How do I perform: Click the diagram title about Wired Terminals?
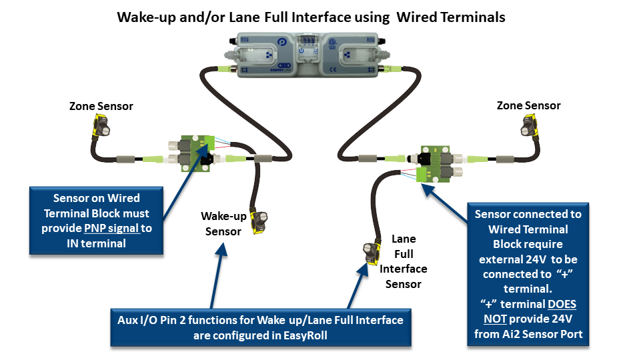pyautogui.click(x=311, y=17)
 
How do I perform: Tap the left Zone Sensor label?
pyautogui.click(x=101, y=106)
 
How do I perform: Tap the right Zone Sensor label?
pyautogui.click(x=529, y=105)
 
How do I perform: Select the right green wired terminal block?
pyautogui.click(x=434, y=162)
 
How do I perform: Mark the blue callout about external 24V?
pyautogui.click(x=528, y=273)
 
